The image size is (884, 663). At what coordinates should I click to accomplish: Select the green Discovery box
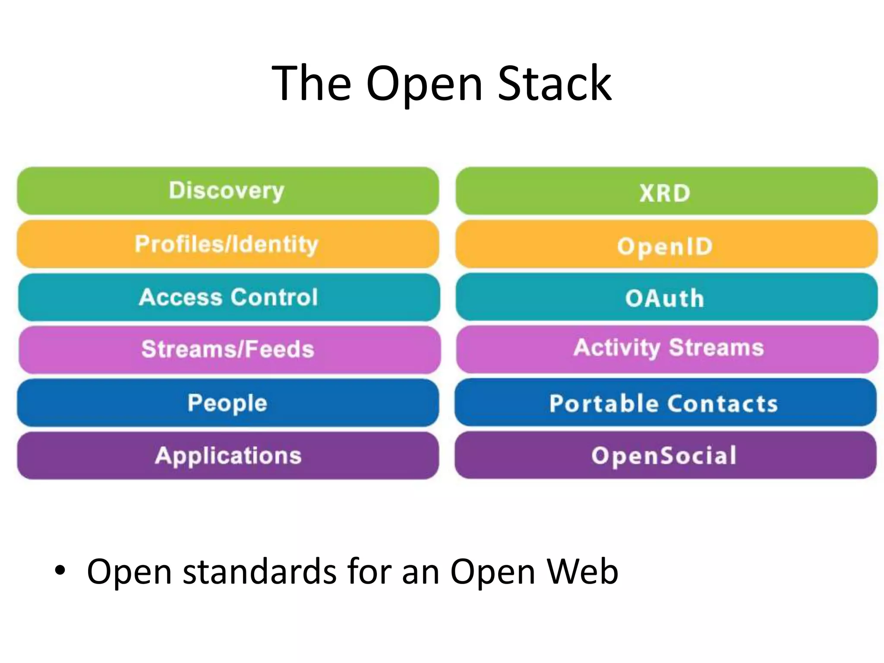point(227,191)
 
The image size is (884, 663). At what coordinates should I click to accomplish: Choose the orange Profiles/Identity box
point(227,244)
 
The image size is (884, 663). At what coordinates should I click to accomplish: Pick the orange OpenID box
point(666,245)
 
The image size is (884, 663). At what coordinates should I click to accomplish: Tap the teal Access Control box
point(229,297)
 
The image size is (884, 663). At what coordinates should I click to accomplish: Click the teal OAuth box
point(666,297)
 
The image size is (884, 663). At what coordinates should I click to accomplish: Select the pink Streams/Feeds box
point(229,350)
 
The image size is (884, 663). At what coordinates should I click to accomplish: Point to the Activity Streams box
point(667,349)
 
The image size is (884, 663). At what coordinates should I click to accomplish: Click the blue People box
point(227,403)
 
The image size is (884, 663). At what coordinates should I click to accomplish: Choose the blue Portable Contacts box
point(665,403)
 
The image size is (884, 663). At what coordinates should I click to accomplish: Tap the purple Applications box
point(227,455)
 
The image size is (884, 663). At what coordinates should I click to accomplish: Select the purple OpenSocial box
point(665,455)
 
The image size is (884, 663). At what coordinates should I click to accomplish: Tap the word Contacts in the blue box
point(723,404)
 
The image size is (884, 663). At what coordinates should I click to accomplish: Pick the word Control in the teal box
point(274,297)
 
